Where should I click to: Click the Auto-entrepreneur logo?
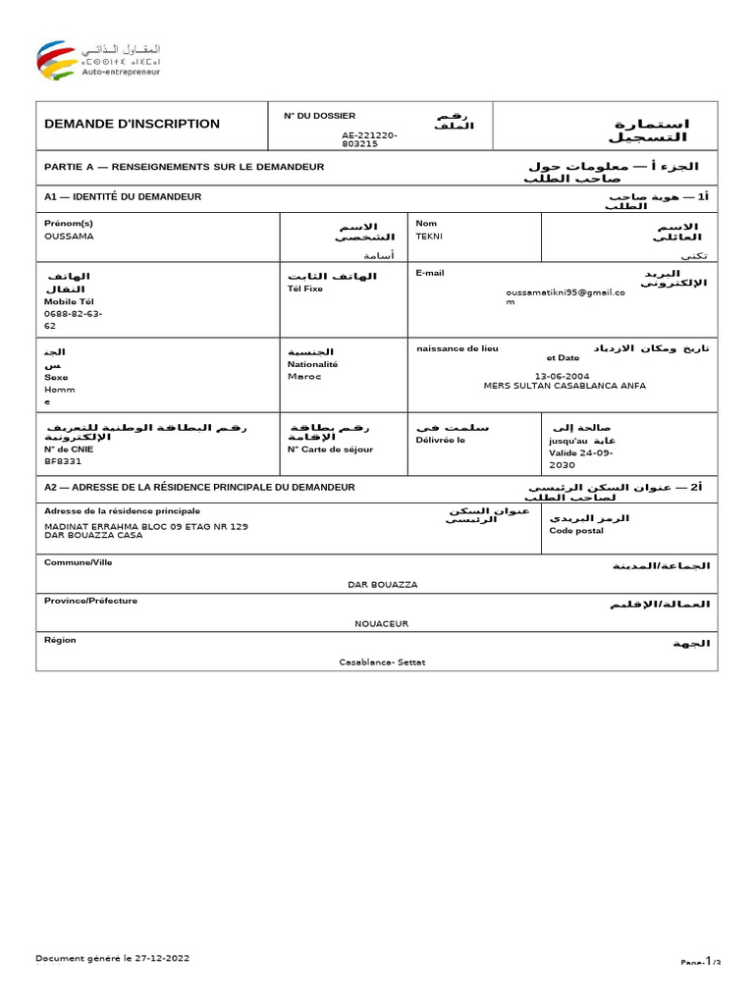98,60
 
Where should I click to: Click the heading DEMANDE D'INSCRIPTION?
132,124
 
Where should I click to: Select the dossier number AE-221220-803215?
369,138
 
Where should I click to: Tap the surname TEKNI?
430,237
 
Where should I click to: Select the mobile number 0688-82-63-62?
73,319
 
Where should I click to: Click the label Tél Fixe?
305,290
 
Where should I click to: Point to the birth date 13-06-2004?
563,375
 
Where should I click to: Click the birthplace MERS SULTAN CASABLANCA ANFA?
565,386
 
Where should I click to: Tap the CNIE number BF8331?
63,460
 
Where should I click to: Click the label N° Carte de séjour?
330,450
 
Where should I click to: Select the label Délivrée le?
441,440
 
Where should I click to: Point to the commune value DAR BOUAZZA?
383,585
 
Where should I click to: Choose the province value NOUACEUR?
381,623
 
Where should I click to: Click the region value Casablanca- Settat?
382,662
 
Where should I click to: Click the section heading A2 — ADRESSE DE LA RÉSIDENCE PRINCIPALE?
199,487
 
